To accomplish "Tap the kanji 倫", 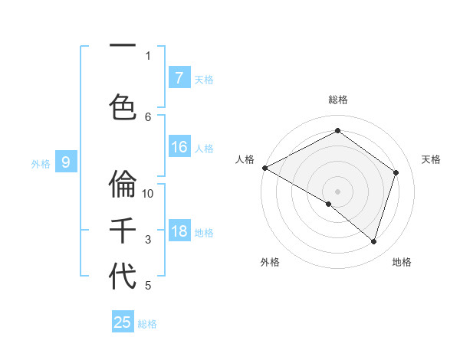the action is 123,184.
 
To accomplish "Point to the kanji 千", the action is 123,231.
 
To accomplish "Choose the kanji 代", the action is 123,277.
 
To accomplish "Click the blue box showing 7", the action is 179,78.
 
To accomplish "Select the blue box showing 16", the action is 179,148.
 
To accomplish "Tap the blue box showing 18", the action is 179,232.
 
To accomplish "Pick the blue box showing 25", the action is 123,322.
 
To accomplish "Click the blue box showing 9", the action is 66,162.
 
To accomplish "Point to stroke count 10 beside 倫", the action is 149,193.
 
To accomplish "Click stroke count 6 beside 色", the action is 148,116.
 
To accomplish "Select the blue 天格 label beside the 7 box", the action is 204,79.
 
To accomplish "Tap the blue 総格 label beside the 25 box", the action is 147,324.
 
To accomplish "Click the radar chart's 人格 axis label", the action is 245,159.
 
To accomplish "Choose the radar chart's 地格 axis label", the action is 402,262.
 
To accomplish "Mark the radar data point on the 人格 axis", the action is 264,167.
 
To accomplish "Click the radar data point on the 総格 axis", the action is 337,131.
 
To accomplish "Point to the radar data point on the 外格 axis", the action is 329,205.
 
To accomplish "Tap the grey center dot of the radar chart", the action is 337,191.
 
